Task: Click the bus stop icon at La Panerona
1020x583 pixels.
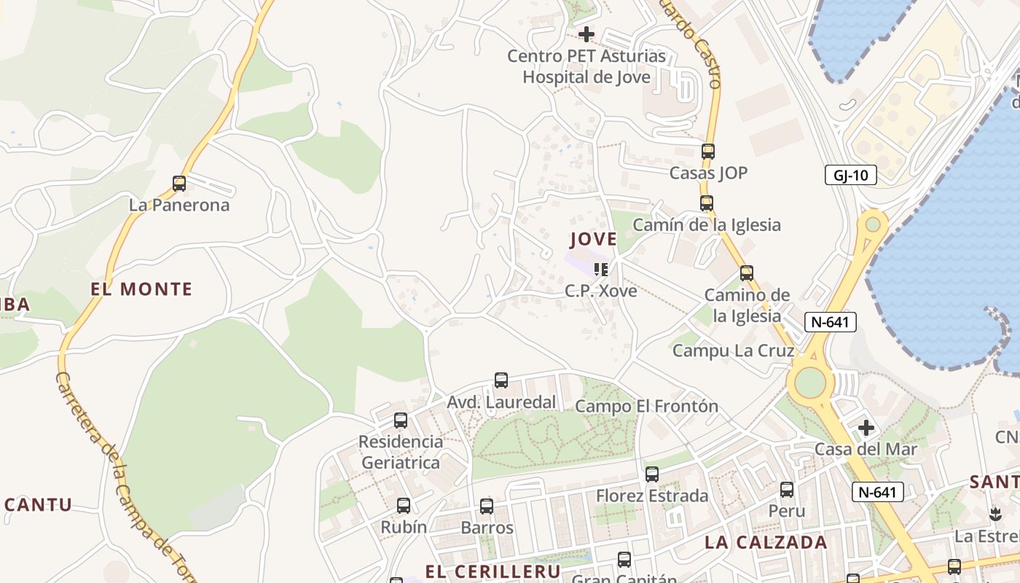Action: pos(179,184)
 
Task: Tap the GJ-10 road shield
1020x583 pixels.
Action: pos(850,175)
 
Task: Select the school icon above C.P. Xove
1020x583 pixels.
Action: pos(601,270)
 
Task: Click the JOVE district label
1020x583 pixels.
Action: pos(593,239)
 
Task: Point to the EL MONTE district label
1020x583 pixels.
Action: pos(141,289)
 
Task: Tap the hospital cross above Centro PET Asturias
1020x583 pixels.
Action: pos(586,34)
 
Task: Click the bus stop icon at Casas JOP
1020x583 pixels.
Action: pos(708,152)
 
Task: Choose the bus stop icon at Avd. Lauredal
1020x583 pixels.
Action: pos(501,380)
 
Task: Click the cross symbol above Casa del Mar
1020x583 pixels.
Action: pos(866,427)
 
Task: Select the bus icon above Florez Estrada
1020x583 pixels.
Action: pos(652,474)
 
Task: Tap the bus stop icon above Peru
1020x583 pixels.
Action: pos(787,489)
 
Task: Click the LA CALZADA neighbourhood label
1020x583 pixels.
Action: pos(766,542)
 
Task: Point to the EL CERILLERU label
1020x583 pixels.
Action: pos(493,571)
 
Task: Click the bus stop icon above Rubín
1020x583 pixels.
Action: pos(404,505)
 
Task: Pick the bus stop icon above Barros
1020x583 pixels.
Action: pos(487,506)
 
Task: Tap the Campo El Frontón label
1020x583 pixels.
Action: pos(646,406)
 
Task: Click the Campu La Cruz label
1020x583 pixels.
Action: pos(732,351)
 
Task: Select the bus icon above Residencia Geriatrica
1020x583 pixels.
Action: pos(401,420)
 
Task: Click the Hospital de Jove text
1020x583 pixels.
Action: pos(586,77)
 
